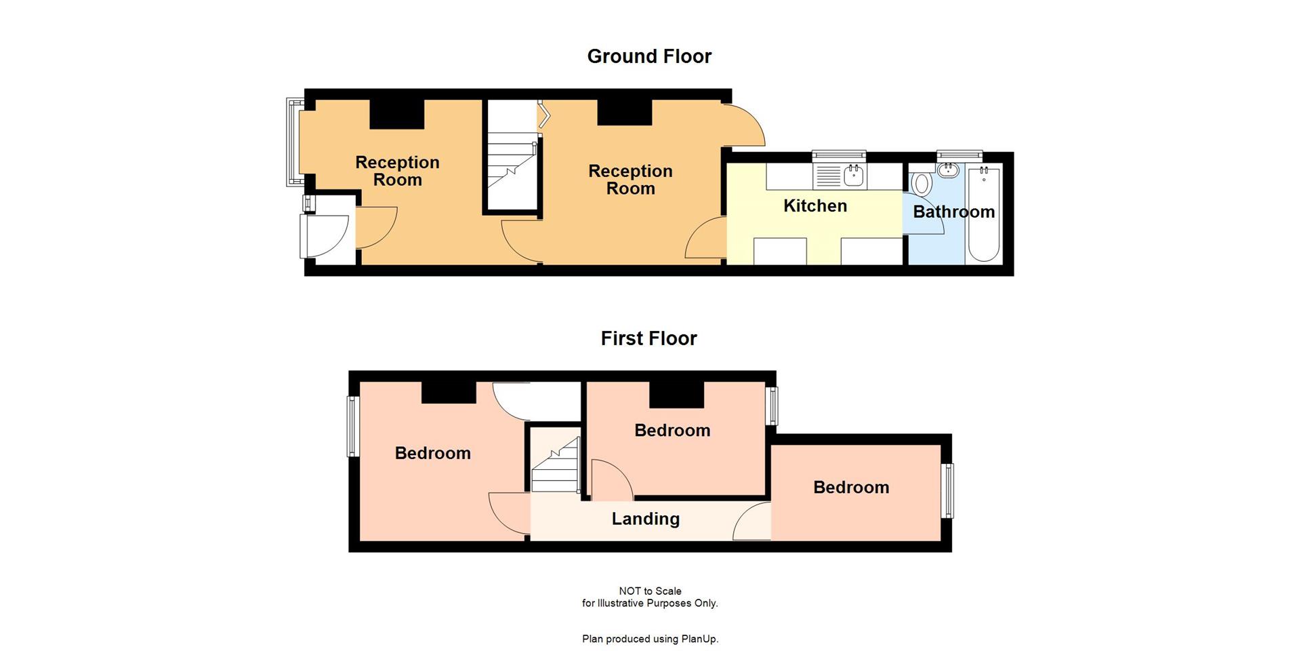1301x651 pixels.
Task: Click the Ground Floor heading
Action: tap(649, 56)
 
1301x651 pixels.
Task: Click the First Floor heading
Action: tap(648, 338)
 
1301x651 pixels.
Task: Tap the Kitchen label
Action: tap(814, 206)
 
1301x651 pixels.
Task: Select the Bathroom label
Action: tap(953, 212)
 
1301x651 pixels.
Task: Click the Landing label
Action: tap(645, 519)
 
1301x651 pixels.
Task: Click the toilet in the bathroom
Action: tap(920, 183)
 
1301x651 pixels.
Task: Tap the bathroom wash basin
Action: tap(947, 169)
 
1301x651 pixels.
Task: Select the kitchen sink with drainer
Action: tap(840, 176)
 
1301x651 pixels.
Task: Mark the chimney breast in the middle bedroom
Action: tap(676, 395)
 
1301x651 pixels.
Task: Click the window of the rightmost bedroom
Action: tap(949, 490)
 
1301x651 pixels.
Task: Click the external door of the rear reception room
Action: tap(744, 126)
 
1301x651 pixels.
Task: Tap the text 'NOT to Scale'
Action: tap(649, 591)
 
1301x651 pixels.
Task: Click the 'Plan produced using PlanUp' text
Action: tap(649, 639)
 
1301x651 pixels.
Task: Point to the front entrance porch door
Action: tap(327, 236)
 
